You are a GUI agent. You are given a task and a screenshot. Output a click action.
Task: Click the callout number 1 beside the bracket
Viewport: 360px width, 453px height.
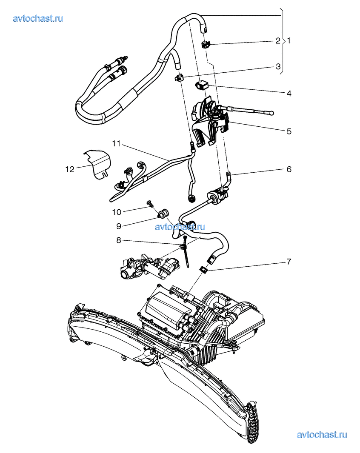coord(289,41)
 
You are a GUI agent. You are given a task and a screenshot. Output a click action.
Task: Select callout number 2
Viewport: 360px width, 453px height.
coord(278,41)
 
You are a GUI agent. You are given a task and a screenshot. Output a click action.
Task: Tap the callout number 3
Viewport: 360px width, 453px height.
coord(278,66)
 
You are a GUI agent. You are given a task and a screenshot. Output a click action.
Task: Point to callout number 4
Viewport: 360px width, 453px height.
coord(289,93)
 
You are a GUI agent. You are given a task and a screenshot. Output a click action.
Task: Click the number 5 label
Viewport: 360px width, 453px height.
coord(289,131)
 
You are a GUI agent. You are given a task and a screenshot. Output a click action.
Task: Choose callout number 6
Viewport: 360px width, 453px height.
coord(289,169)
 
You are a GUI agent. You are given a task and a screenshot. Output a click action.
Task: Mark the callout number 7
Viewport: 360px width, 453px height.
coord(289,262)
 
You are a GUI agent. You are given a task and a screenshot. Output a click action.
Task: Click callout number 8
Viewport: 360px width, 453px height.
coord(118,240)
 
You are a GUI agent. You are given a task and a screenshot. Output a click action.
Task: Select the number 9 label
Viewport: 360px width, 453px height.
coord(118,226)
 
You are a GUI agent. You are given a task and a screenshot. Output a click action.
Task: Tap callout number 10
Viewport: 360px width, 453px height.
coord(117,212)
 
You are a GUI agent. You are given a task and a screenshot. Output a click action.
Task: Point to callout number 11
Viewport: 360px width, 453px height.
coord(116,143)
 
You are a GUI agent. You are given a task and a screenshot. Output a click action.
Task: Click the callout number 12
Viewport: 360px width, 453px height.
coord(70,169)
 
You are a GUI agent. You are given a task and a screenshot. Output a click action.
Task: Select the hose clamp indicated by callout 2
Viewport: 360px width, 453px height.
coord(206,45)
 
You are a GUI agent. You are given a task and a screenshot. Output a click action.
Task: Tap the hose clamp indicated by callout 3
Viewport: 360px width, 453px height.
coord(179,77)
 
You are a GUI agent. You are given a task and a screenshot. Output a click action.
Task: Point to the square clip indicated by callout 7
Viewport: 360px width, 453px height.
coord(205,269)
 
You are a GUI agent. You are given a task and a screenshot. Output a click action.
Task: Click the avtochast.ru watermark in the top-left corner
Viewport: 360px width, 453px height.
coord(38,18)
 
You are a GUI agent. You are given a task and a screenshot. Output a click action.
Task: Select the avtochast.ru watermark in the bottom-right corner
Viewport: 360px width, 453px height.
coord(322,435)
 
